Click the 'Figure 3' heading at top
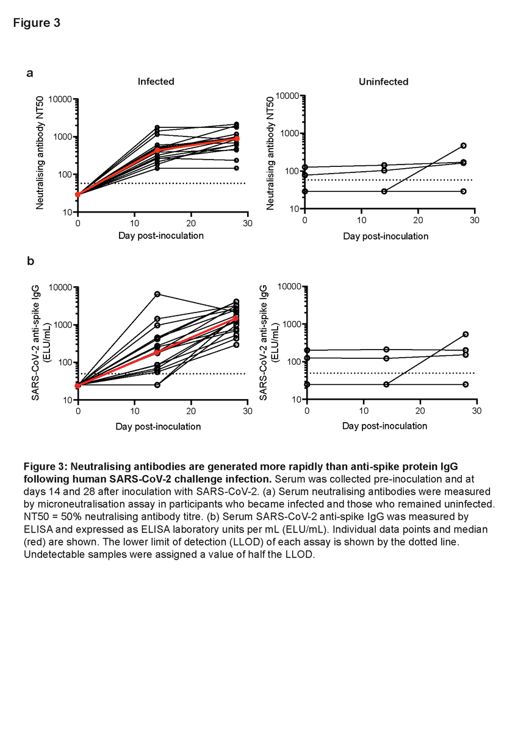tap(37, 23)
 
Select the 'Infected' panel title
tap(156, 81)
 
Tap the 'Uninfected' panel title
tap(383, 81)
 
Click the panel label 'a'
tap(30, 73)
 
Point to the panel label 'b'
tap(31, 261)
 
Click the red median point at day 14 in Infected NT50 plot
tap(157, 150)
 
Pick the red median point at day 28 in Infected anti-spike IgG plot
tap(236, 319)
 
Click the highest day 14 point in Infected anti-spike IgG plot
tap(157, 294)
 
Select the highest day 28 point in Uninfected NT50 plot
tap(464, 146)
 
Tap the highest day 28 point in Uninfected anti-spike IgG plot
tap(466, 334)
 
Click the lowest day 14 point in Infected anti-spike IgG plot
tap(157, 385)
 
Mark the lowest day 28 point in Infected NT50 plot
tap(236, 168)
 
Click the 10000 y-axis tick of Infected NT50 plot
tap(60, 99)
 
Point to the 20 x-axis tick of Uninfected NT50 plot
tap(418, 221)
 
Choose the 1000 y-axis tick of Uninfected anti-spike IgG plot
tap(292, 324)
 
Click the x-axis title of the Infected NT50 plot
tap(161, 236)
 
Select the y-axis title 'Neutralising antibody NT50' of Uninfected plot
tap(270, 154)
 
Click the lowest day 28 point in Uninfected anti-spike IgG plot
tap(466, 384)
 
